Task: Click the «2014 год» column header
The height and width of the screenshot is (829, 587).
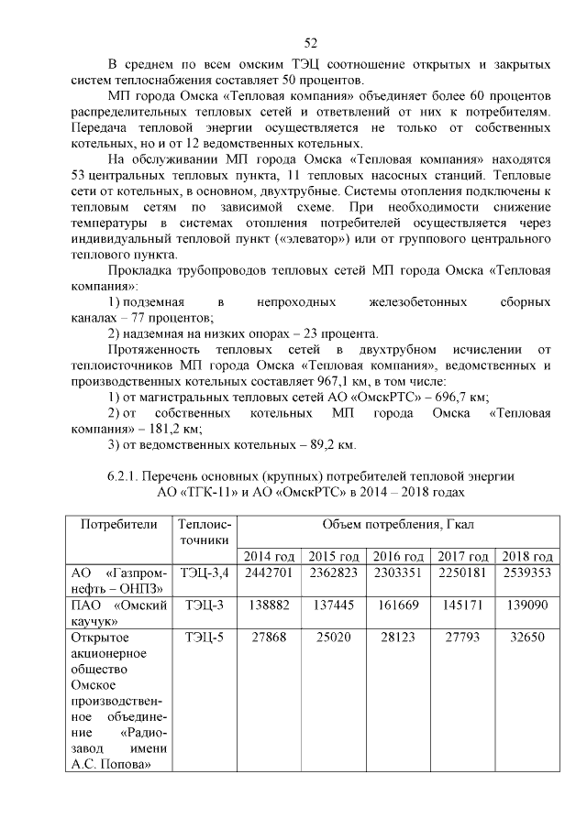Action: [269, 556]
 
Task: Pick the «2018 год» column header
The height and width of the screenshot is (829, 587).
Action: [525, 556]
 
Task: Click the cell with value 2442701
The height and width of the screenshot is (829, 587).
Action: [269, 573]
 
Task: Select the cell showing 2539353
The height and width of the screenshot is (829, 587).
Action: [525, 573]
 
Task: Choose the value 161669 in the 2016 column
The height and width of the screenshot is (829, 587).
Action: [397, 605]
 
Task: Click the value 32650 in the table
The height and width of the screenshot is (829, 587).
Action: [525, 638]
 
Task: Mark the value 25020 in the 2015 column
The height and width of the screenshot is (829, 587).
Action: [333, 638]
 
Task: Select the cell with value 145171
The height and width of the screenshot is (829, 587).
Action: [460, 605]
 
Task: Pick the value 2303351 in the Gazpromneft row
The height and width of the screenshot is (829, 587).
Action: [397, 573]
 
